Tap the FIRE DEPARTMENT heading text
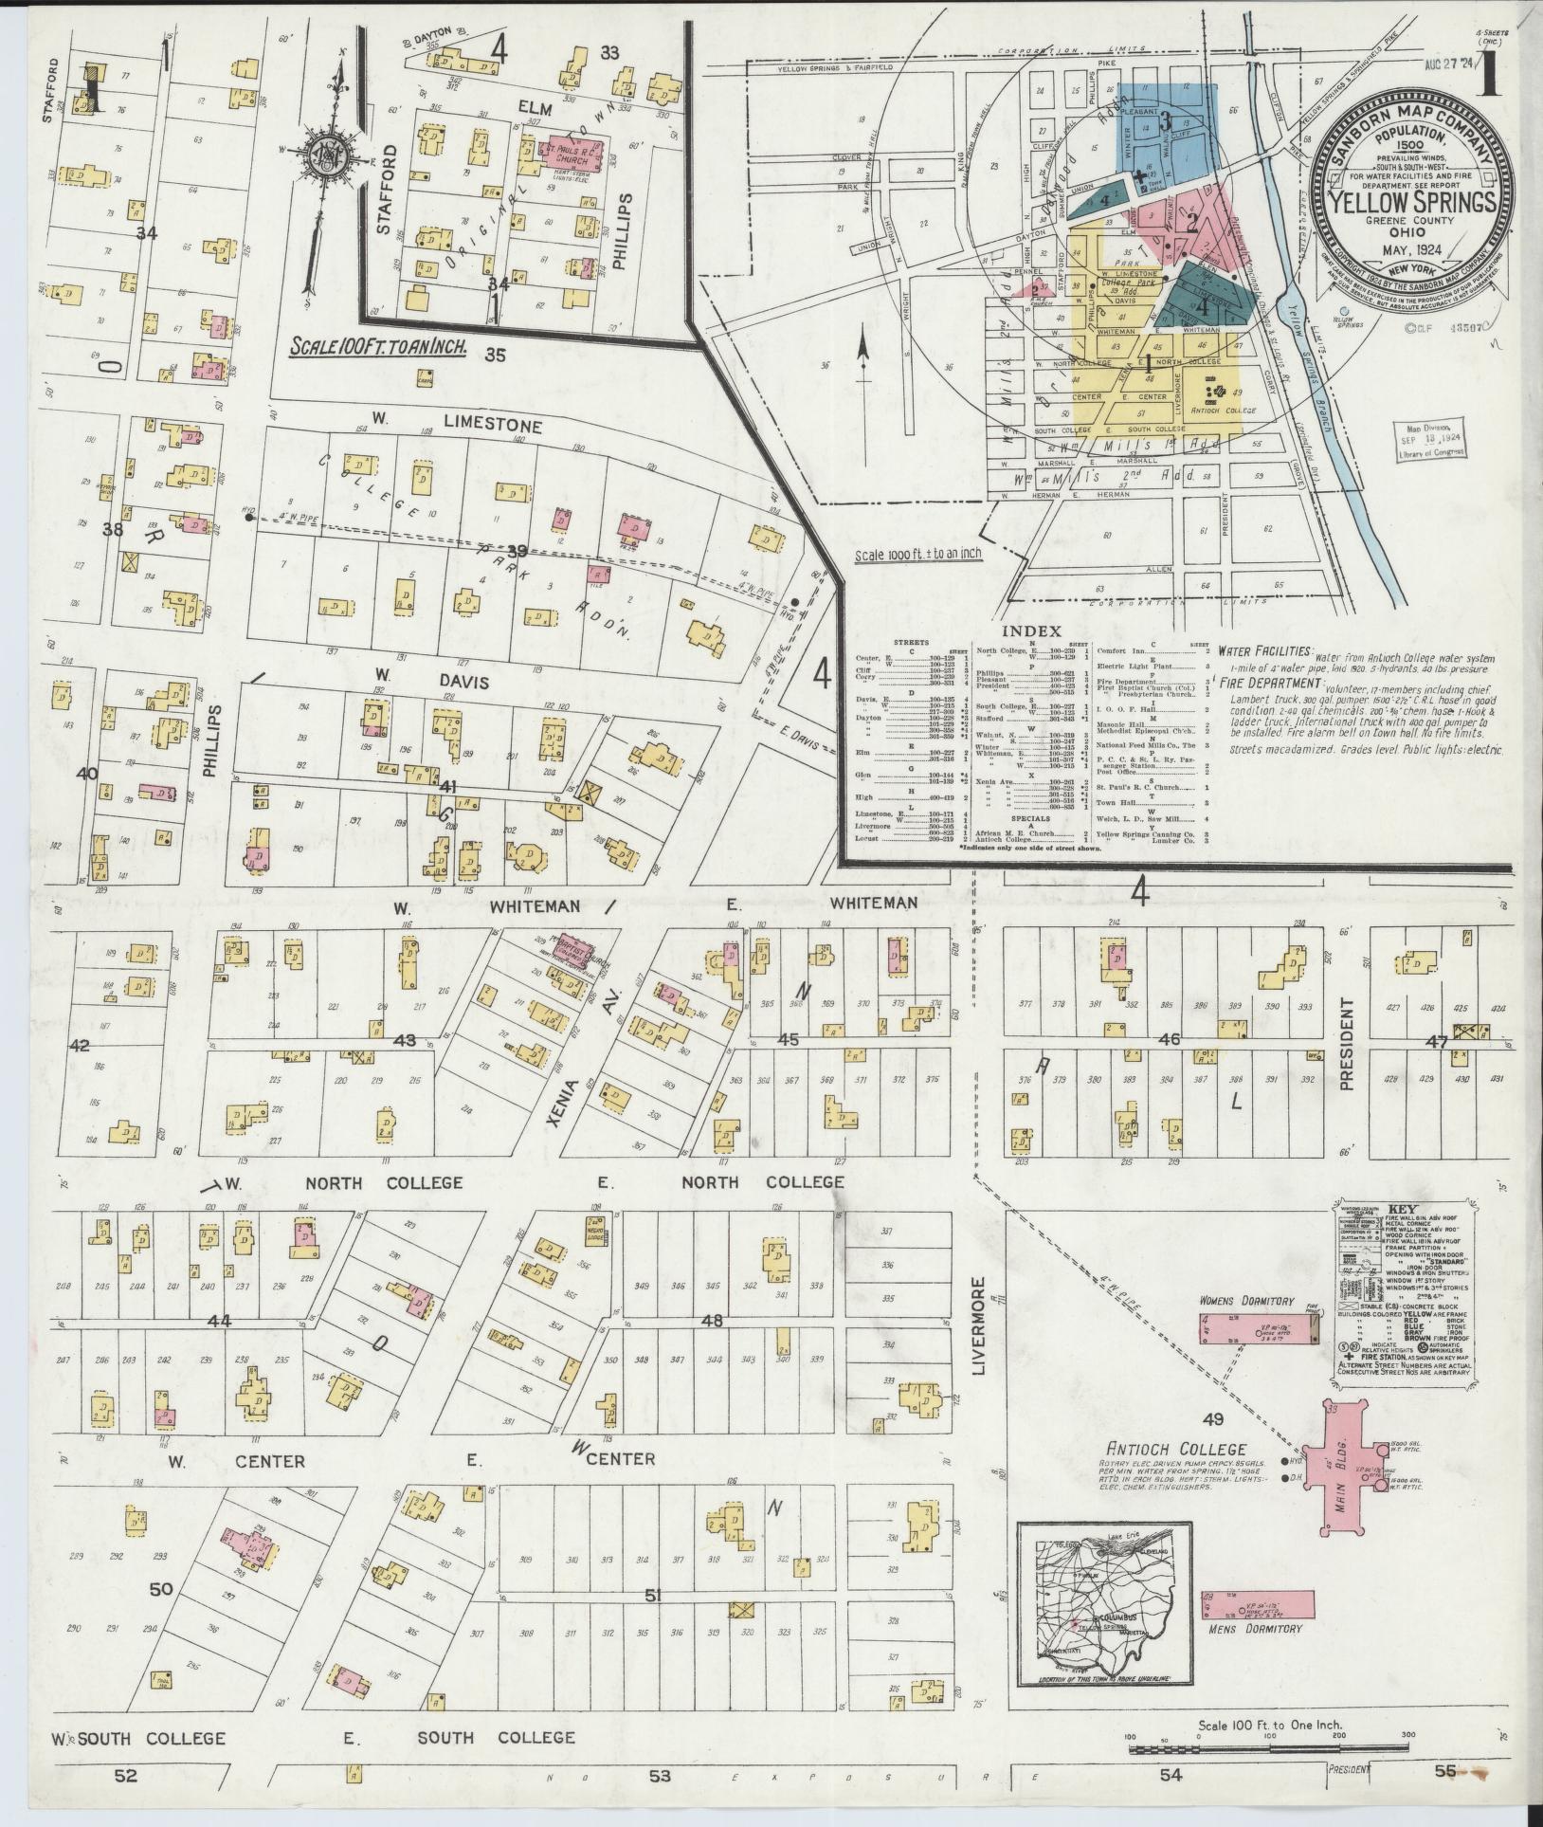click(x=1268, y=682)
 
